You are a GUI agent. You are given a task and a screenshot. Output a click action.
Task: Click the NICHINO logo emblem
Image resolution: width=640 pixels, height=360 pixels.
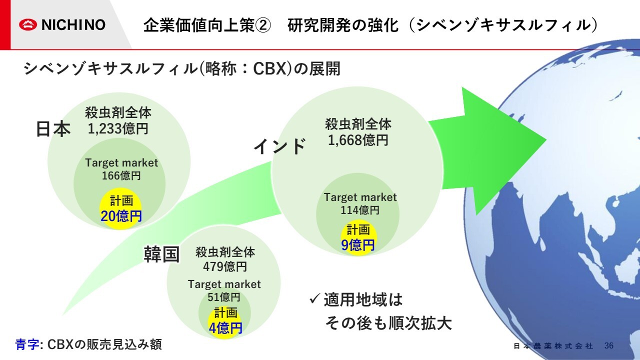(x=28, y=24)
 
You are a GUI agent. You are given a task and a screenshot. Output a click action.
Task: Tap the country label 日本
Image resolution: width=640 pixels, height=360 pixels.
(x=53, y=129)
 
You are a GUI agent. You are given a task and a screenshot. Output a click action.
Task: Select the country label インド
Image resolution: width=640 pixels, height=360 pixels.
(x=279, y=146)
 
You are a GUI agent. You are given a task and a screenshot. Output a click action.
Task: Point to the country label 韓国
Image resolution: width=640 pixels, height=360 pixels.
(x=161, y=254)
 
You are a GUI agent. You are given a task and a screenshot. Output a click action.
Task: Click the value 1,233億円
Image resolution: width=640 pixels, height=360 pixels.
(x=118, y=129)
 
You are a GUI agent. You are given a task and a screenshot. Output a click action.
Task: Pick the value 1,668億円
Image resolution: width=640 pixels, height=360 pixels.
(x=358, y=140)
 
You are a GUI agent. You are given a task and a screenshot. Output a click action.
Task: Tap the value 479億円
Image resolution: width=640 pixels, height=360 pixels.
(x=225, y=266)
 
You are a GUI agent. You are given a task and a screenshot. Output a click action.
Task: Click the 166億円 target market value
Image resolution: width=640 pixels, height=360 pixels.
(x=121, y=175)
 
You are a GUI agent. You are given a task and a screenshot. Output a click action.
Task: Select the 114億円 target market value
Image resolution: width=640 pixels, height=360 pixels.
(x=360, y=210)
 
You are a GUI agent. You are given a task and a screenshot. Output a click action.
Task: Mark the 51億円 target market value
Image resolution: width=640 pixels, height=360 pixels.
(x=224, y=297)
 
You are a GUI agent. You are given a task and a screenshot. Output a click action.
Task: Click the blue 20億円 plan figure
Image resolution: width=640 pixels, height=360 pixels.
(x=121, y=216)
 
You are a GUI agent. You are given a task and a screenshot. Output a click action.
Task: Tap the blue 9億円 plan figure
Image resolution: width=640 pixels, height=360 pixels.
(x=358, y=245)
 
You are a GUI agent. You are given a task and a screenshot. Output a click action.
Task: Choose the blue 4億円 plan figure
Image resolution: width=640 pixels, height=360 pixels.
(x=225, y=328)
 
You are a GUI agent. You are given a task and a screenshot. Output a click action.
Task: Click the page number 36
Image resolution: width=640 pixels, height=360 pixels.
(x=609, y=346)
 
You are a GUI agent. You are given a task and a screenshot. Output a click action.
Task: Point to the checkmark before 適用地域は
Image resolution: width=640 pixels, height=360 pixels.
(x=314, y=299)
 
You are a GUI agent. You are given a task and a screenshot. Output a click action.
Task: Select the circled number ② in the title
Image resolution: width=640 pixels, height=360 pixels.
(x=262, y=25)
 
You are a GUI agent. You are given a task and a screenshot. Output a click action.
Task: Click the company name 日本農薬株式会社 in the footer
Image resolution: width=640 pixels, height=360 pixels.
(x=553, y=346)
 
